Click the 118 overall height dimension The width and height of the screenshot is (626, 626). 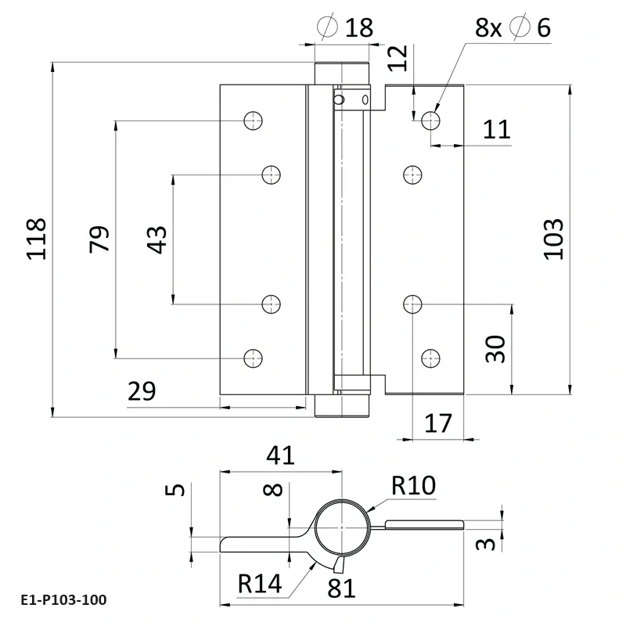(x=37, y=238)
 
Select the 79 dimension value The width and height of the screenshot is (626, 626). (x=99, y=238)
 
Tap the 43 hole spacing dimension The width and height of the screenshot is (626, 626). (x=156, y=238)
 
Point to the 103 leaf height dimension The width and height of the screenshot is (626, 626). (x=552, y=238)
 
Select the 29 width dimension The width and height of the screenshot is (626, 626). (x=142, y=391)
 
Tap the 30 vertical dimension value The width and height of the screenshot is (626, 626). (x=495, y=348)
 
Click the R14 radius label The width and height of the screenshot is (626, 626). (x=260, y=583)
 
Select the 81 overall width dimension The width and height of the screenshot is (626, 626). (x=341, y=588)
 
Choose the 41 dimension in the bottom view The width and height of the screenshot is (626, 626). (x=279, y=455)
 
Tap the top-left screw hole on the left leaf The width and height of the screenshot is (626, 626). (x=252, y=121)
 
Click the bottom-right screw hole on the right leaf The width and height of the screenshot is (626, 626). (x=429, y=358)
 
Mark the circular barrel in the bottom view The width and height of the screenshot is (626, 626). (x=342, y=526)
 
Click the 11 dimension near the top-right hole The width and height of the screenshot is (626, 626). (x=495, y=129)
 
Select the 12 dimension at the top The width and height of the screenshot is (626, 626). (x=398, y=57)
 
